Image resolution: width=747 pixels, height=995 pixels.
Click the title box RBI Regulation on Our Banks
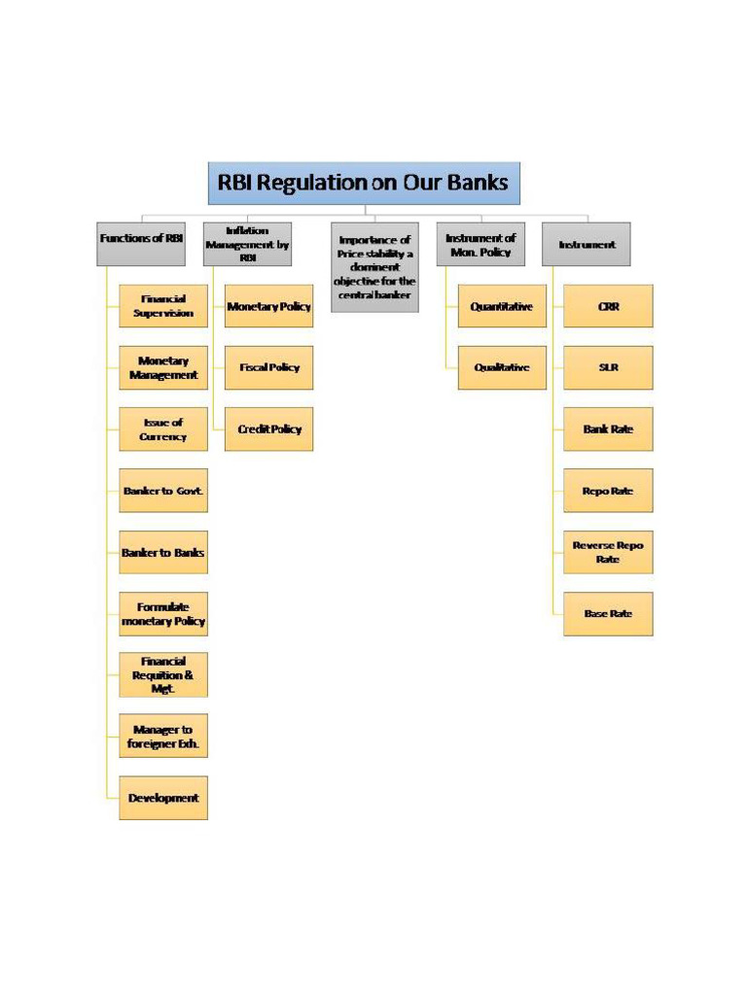coord(364,183)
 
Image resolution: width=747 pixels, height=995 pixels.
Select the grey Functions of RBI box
coord(141,244)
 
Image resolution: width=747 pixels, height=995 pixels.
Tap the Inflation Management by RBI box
coord(247,244)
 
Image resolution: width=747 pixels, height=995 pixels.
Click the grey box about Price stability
coord(374,266)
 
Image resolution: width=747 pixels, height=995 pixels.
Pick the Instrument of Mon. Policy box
coord(481,244)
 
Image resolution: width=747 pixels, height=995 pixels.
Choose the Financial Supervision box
coord(163,306)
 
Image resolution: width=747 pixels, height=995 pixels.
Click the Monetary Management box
coord(163,367)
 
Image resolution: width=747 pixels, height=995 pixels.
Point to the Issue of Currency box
coord(163,429)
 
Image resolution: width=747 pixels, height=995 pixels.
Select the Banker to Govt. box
coord(163,491)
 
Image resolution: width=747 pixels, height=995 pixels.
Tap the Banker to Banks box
coord(163,552)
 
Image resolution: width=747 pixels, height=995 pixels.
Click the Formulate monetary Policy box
coord(163,613)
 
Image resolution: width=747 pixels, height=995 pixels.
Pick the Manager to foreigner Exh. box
coord(163,737)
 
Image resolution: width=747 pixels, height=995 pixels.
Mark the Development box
coord(163,798)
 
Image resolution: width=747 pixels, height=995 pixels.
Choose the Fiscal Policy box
coord(269,367)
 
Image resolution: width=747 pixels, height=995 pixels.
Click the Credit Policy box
coord(269,429)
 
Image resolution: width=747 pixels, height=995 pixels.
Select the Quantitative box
coord(502,306)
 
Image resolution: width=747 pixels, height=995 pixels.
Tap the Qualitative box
coord(502,367)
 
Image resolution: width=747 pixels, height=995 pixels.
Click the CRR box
coord(608,306)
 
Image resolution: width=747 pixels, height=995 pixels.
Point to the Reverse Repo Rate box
coord(608,552)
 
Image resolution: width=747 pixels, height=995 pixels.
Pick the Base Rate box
coord(608,613)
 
